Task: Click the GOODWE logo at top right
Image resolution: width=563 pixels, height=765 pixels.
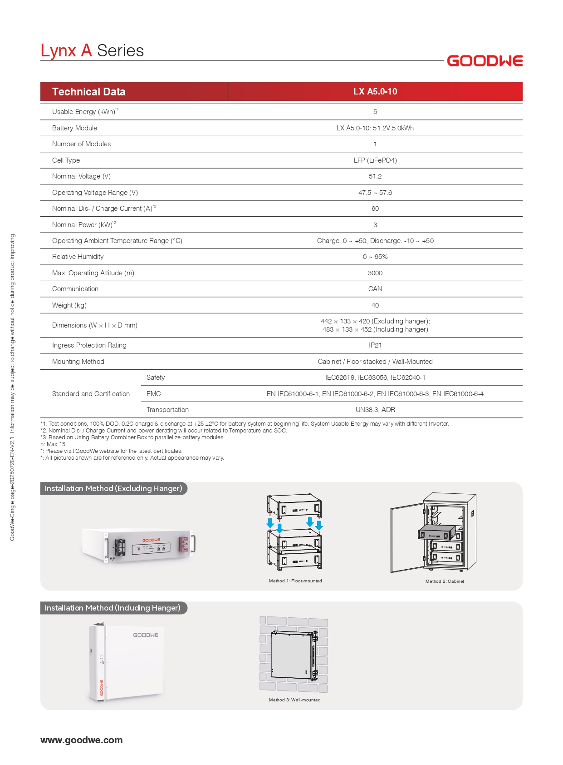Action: (x=485, y=61)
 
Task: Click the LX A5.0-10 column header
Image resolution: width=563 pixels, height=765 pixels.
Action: (x=375, y=91)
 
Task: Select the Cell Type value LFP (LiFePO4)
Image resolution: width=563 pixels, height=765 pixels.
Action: (x=375, y=160)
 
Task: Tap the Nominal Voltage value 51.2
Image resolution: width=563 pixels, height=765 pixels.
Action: (x=375, y=176)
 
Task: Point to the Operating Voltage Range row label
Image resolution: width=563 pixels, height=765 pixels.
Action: (x=95, y=193)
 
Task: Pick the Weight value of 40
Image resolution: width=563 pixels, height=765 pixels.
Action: (x=375, y=305)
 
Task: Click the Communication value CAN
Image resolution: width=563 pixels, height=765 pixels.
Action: (x=375, y=289)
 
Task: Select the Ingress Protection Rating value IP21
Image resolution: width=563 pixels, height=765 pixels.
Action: (x=375, y=345)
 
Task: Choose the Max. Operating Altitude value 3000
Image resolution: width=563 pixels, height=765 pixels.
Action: (x=375, y=273)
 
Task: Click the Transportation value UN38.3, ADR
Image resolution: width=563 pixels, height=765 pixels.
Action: (x=375, y=410)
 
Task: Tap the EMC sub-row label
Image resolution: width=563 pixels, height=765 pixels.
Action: (x=153, y=394)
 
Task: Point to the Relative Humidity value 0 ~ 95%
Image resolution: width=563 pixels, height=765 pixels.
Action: (x=375, y=257)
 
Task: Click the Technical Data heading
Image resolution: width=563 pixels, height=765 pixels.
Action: (x=88, y=92)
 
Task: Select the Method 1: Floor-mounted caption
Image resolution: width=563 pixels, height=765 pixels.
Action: (x=295, y=581)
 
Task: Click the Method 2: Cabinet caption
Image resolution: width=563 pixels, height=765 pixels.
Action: (x=444, y=581)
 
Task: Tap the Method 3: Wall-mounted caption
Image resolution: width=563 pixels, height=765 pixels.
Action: (x=294, y=700)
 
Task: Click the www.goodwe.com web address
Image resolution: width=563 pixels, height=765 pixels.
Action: (x=81, y=740)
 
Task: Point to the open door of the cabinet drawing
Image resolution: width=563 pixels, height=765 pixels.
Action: (x=406, y=538)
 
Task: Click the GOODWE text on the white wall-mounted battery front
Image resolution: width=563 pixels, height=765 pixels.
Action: (x=145, y=635)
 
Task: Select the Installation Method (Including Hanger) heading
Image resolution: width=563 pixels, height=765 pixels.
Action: (x=113, y=608)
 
